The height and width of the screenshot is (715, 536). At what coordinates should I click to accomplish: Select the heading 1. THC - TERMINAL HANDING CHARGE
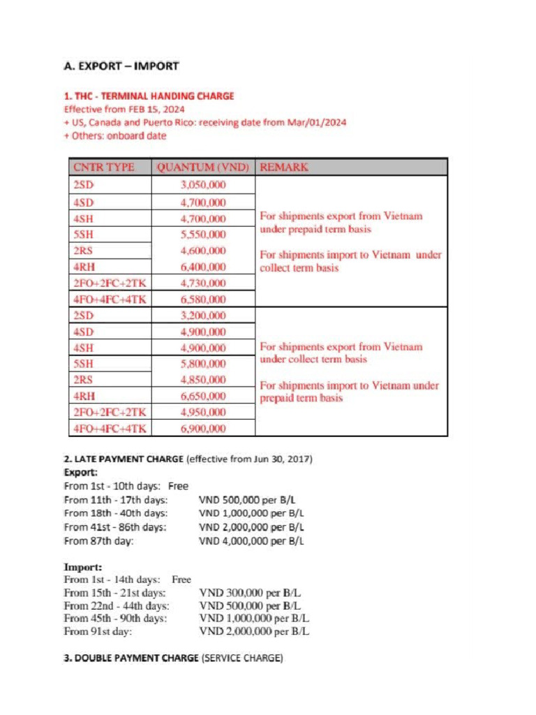pyautogui.click(x=149, y=96)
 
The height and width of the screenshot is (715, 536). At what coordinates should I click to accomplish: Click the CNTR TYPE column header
pyautogui.click(x=104, y=168)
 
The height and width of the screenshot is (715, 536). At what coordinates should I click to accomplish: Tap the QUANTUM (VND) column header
pyautogui.click(x=204, y=168)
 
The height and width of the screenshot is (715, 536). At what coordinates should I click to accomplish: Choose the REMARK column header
pyautogui.click(x=284, y=168)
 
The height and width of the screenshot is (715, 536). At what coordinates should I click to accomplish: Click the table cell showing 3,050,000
pyautogui.click(x=203, y=186)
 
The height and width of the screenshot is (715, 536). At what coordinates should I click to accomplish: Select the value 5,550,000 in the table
pyautogui.click(x=203, y=235)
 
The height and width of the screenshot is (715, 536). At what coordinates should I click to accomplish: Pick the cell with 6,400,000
pyautogui.click(x=203, y=267)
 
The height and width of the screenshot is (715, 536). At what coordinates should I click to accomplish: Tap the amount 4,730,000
pyautogui.click(x=203, y=283)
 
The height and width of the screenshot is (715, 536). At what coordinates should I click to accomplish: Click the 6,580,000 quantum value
pyautogui.click(x=203, y=300)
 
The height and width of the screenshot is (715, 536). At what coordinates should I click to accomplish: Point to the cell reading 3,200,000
pyautogui.click(x=203, y=316)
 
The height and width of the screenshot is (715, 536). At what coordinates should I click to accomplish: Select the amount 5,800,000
pyautogui.click(x=203, y=364)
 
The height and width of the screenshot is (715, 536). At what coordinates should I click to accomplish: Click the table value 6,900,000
pyautogui.click(x=203, y=429)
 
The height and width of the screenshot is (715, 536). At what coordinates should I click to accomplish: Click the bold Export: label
pyautogui.click(x=80, y=473)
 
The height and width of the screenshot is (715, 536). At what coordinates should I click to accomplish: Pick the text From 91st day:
pyautogui.click(x=98, y=632)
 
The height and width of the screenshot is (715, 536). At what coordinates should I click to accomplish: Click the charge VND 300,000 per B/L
pyautogui.click(x=250, y=593)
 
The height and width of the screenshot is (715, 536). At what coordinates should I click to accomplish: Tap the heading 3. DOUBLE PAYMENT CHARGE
pyautogui.click(x=131, y=658)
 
